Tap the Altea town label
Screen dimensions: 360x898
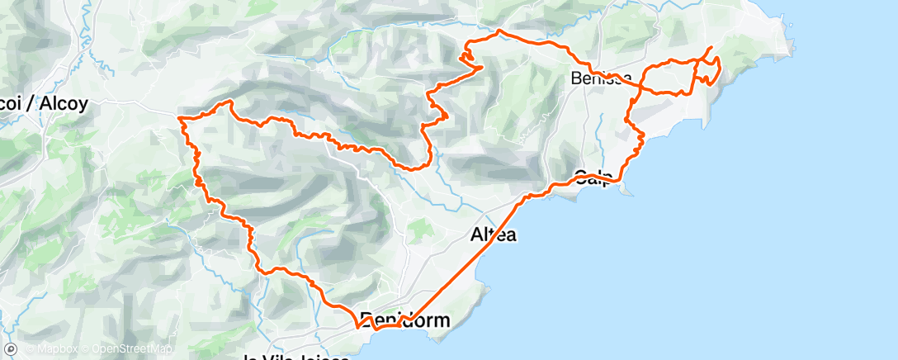tap(493, 234)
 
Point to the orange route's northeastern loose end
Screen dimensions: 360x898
tap(711, 47)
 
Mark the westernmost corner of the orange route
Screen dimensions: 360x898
tap(180, 119)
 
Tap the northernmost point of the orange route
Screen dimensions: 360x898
tap(498, 31)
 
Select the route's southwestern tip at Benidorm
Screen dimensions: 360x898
tap(357, 326)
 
